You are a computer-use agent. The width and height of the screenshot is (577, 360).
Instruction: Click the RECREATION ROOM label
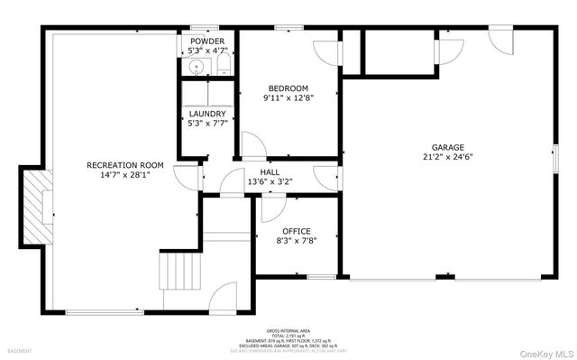click(x=124, y=165)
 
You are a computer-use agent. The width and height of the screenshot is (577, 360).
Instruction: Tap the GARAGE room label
click(x=447, y=147)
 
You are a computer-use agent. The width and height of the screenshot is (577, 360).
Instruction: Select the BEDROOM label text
click(x=288, y=88)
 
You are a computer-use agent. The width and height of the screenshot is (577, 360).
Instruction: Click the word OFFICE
click(x=296, y=231)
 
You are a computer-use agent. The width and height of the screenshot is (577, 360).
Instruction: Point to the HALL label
click(x=270, y=171)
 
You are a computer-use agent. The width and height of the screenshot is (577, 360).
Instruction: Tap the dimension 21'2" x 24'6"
click(x=447, y=157)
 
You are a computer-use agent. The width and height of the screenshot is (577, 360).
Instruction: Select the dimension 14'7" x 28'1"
click(x=124, y=176)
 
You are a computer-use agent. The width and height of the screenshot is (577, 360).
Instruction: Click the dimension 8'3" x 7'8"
click(x=296, y=241)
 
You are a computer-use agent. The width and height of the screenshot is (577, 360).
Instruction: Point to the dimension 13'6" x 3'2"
click(x=270, y=181)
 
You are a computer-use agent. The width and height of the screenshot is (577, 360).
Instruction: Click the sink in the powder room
click(x=195, y=66)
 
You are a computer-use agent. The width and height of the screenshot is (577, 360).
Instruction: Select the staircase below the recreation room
click(x=178, y=270)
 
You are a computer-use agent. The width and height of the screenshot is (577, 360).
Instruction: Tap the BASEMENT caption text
click(x=20, y=351)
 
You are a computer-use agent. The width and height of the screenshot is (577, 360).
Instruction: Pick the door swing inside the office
click(x=270, y=209)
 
